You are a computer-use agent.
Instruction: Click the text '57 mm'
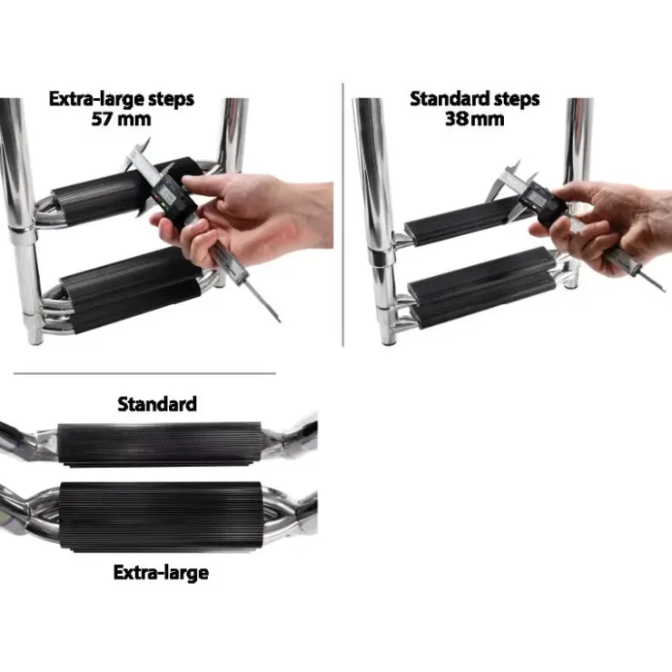[122, 119]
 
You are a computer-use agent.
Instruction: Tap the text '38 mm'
[474, 119]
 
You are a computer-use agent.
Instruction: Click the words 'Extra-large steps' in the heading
[122, 99]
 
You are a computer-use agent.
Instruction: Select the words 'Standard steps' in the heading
[474, 99]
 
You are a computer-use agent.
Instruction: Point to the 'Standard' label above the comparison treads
[157, 404]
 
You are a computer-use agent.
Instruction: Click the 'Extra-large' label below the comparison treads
[161, 573]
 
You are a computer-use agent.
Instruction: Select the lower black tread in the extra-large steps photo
[132, 291]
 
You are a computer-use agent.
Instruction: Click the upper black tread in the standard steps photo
[465, 222]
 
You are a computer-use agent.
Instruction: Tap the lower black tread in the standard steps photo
[483, 287]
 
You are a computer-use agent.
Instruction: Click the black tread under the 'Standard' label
[160, 444]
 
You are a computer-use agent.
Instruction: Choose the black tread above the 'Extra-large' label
[161, 517]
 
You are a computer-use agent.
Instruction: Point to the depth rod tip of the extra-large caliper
[280, 321]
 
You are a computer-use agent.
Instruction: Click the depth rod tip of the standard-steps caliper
[664, 291]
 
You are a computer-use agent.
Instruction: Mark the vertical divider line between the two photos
[343, 214]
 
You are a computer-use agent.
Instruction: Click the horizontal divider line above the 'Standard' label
[144, 373]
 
